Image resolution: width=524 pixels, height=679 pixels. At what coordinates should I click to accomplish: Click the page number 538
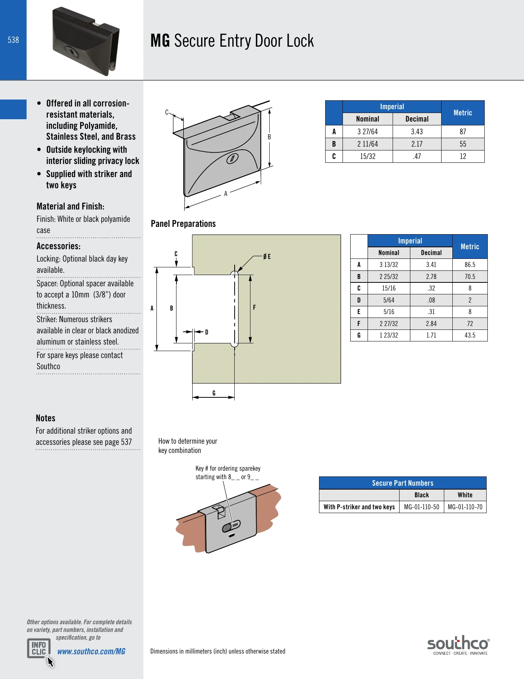pyautogui.click(x=13, y=40)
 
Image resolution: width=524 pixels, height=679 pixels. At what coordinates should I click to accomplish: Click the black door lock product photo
pyautogui.click(x=86, y=41)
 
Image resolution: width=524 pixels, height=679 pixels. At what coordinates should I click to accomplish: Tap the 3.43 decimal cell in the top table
pyautogui.click(x=417, y=132)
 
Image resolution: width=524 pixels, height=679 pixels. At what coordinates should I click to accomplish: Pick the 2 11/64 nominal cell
pyautogui.click(x=368, y=144)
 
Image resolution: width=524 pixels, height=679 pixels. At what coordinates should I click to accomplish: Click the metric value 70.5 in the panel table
pyautogui.click(x=470, y=277)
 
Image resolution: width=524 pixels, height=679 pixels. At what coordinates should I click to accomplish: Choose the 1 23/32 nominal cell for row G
pyautogui.click(x=389, y=335)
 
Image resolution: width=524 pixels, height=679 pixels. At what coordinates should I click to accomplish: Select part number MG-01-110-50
pyautogui.click(x=422, y=507)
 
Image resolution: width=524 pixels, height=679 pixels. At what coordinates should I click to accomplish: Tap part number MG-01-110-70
pyautogui.click(x=465, y=507)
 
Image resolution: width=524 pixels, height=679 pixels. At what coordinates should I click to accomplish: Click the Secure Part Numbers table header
pyautogui.click(x=403, y=483)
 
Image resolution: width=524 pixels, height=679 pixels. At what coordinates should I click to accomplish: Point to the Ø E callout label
pyautogui.click(x=267, y=257)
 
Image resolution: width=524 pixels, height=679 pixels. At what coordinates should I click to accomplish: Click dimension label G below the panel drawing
pyautogui.click(x=214, y=393)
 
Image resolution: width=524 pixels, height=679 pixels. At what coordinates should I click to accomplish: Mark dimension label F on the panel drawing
pyautogui.click(x=254, y=307)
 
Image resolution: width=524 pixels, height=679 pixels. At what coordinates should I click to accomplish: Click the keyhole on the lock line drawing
pyautogui.click(x=232, y=158)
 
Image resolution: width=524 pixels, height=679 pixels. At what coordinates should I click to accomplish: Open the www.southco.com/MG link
pyautogui.click(x=91, y=651)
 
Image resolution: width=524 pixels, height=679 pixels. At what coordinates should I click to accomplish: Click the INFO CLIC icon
pyautogui.click(x=39, y=649)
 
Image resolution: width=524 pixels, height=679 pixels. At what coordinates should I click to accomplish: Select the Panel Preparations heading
pyautogui.click(x=183, y=224)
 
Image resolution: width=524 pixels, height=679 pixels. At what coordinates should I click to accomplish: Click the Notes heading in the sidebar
pyautogui.click(x=45, y=418)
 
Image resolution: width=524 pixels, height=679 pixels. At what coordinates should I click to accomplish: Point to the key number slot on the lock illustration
pyautogui.click(x=231, y=526)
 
